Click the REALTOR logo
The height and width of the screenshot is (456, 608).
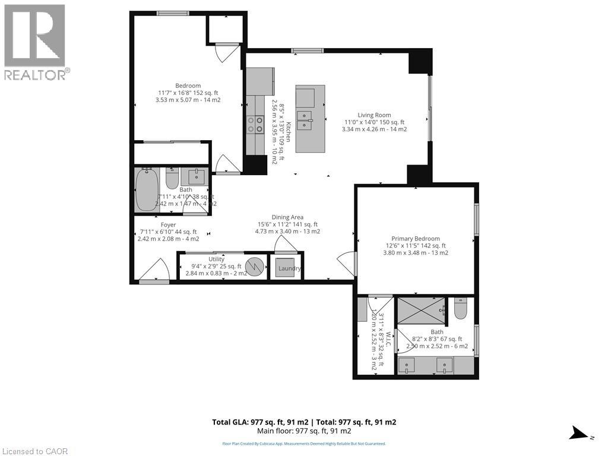pyautogui.click(x=35, y=42)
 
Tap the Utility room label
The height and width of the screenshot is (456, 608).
pyautogui.click(x=216, y=259)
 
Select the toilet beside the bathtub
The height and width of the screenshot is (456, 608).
pyautogui.click(x=172, y=178)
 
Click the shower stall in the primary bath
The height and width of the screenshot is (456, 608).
pyautogui.click(x=421, y=310)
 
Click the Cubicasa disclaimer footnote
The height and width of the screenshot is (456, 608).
pyautogui.click(x=304, y=444)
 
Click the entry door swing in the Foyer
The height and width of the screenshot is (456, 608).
pyautogui.click(x=156, y=269)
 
